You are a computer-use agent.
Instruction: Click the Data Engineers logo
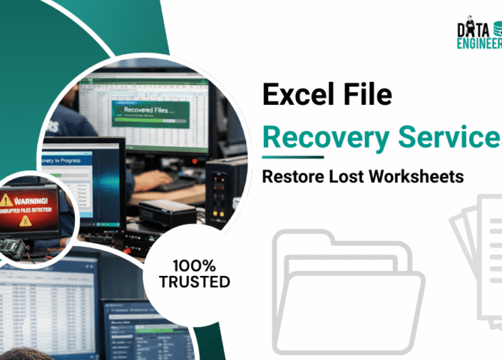coord(478,34)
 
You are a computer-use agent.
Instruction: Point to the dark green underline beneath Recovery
coord(292,157)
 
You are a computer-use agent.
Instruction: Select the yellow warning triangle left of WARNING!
coord(7,200)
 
